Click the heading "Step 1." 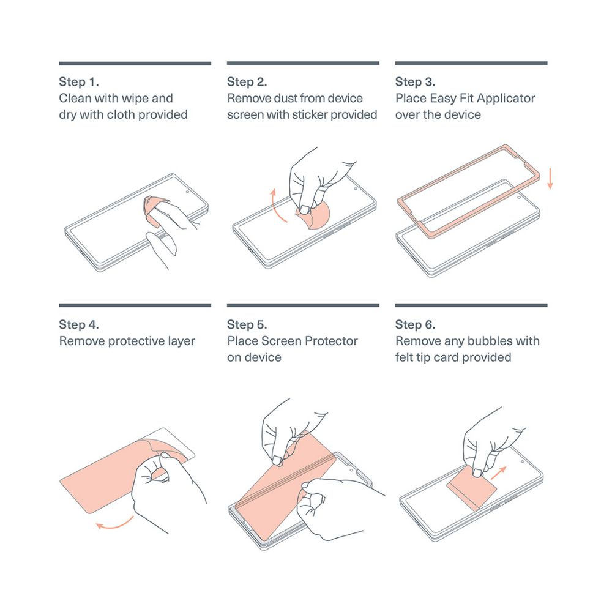79,82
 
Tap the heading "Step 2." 247,82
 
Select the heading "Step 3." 416,82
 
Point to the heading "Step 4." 79,325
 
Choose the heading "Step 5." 247,325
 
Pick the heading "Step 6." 416,325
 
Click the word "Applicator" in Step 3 506,99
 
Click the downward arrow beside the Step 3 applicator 550,179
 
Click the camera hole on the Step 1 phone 187,192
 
